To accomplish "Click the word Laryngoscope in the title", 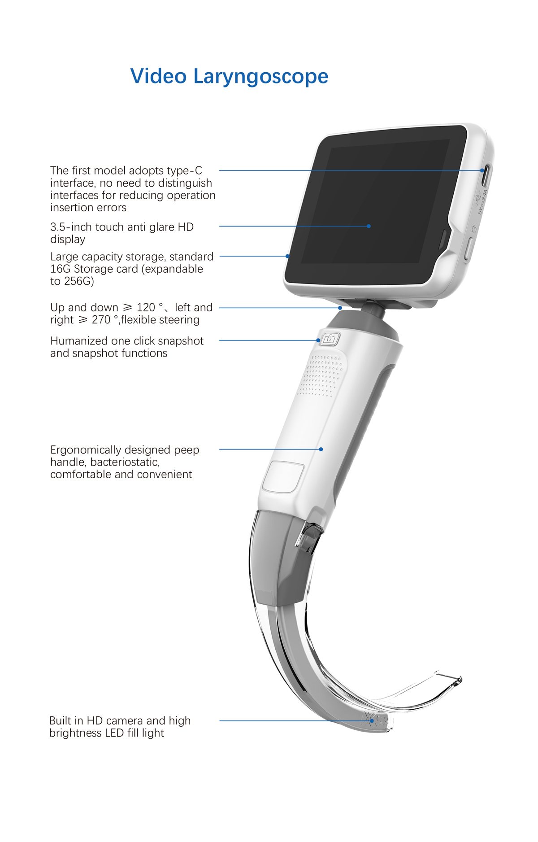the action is click(x=260, y=77).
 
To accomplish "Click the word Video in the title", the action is click(x=158, y=76).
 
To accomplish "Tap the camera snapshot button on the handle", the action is click(x=330, y=339).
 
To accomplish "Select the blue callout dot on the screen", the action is click(x=369, y=226).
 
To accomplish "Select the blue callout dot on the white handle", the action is click(x=321, y=449).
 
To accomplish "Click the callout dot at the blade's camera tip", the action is click(x=372, y=721).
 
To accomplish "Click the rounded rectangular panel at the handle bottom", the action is click(x=283, y=476).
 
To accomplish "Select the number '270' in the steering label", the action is click(x=101, y=320).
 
